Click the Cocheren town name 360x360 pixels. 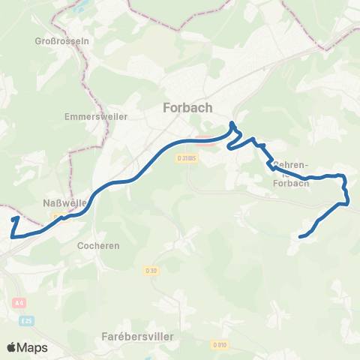tap(98, 245)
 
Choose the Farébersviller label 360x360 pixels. tap(137, 337)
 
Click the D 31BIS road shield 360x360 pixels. tap(187, 158)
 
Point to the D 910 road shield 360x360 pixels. tap(219, 344)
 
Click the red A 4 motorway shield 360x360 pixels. tap(19, 303)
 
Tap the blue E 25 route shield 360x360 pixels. tap(26, 320)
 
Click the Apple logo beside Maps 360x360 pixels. tap(11, 347)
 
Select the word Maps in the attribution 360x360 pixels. tap(32, 347)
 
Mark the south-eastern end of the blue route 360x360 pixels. tap(301, 237)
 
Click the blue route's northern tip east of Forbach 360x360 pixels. tap(232, 122)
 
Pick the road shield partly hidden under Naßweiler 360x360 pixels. tap(57, 215)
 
